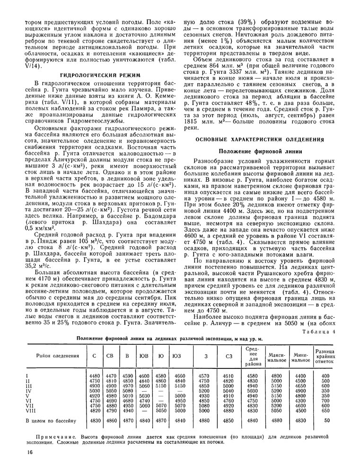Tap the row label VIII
[x=30, y=412]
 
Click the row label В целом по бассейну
[x=51, y=420]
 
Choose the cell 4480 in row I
[x=94, y=376]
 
